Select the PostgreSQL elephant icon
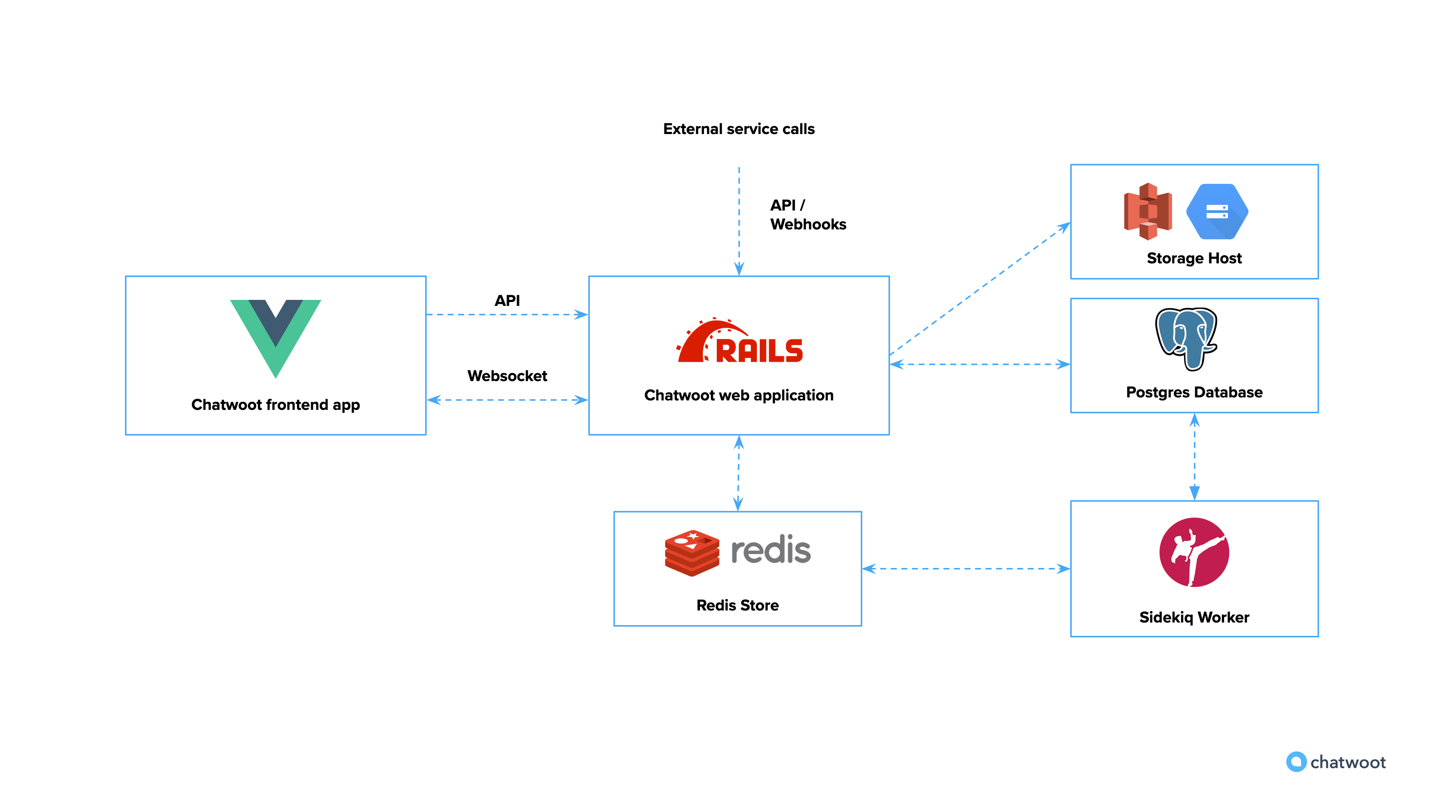(x=1186, y=338)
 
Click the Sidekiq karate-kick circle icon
(x=1194, y=552)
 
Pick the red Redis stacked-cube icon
(x=692, y=553)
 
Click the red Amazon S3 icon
(x=1147, y=211)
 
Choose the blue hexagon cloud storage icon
(x=1217, y=212)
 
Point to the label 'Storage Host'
(x=1194, y=258)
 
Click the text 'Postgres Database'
(x=1194, y=392)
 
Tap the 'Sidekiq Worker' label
(x=1194, y=617)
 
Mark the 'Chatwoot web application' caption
(x=738, y=395)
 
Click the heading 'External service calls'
(x=738, y=129)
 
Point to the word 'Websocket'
(x=507, y=375)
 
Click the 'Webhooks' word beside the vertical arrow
(x=808, y=224)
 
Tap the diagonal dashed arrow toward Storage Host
(x=980, y=289)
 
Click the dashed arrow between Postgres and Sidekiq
(x=1195, y=457)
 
